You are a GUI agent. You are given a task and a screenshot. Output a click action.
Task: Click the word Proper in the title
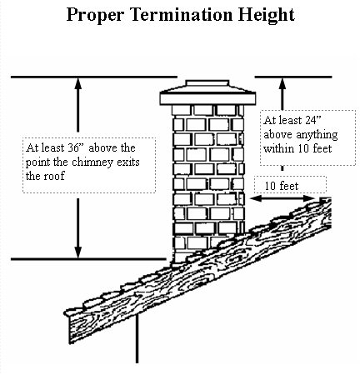95,16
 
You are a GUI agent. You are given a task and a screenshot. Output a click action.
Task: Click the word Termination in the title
181,14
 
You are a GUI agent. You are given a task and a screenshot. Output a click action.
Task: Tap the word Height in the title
267,16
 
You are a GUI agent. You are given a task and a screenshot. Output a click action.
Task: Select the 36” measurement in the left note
76,147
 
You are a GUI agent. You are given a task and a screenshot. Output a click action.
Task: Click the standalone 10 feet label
282,186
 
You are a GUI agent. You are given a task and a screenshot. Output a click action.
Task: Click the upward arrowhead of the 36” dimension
78,82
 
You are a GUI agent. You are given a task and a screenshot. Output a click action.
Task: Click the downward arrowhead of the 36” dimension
78,252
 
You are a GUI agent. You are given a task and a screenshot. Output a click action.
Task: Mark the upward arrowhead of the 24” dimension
282,83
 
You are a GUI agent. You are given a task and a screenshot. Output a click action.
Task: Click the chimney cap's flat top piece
207,83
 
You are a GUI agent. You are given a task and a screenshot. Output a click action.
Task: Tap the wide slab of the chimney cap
207,99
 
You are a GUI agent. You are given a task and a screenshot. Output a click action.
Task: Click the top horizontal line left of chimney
94,77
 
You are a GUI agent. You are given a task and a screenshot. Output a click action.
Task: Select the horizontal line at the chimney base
88,259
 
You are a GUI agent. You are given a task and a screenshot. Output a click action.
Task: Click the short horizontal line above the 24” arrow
293,77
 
